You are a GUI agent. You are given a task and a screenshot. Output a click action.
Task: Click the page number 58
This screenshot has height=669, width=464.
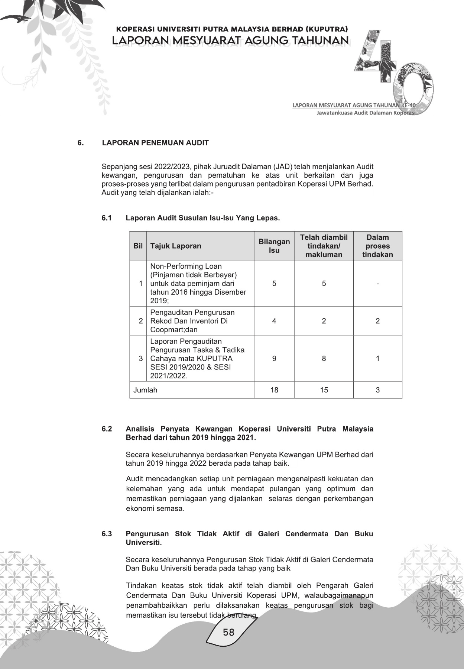coord(228,632)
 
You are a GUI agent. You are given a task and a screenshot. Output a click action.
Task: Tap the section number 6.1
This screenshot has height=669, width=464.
coord(107,218)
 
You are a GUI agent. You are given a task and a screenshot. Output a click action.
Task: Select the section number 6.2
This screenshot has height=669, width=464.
coord(107,429)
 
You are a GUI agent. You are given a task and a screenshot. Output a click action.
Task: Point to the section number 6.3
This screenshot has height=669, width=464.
coord(107,534)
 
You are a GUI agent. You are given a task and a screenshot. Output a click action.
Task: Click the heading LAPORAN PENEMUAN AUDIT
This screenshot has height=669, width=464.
coord(155,143)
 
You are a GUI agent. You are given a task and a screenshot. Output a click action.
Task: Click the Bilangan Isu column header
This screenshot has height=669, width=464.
coord(274,246)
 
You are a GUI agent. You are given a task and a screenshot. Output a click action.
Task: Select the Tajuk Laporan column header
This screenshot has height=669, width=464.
coord(176,246)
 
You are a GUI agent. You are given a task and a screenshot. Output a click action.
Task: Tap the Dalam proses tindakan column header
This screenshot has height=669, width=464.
coord(377,246)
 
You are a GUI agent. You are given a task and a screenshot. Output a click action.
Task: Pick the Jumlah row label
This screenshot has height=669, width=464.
coord(145,390)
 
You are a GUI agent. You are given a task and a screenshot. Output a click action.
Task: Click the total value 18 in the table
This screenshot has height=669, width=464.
coord(274,390)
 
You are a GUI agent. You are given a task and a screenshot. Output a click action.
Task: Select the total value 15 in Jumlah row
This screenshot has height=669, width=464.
coord(324,390)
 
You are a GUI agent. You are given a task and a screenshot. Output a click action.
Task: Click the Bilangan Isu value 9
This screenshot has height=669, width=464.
coord(274,359)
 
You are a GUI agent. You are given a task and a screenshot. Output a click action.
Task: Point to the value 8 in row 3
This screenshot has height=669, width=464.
coord(324,359)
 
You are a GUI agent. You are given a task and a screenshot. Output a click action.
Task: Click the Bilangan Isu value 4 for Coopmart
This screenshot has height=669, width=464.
coord(274,321)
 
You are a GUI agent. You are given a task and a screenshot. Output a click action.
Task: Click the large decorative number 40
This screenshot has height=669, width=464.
coord(394,71)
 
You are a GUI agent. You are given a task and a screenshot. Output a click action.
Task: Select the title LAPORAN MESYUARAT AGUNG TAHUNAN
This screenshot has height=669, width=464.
coord(230,40)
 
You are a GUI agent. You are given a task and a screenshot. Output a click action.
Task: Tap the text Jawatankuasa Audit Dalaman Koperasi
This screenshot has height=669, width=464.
coord(366,113)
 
